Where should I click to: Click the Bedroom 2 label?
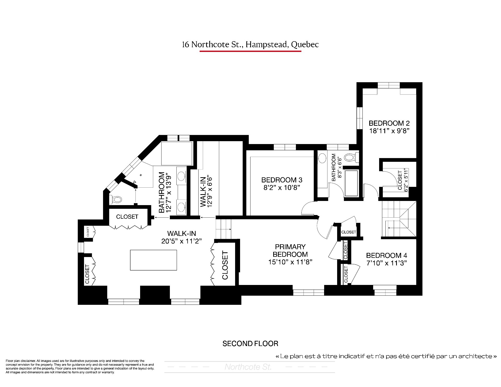tap(389, 123)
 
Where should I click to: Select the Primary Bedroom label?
tap(290, 251)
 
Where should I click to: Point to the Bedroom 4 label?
tap(386, 255)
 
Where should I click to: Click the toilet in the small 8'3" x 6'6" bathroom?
tap(351, 157)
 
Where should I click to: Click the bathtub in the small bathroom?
tap(351, 183)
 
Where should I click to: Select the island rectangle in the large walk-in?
tap(153, 260)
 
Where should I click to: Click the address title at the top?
tap(250, 45)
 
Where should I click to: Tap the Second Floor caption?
tap(250, 344)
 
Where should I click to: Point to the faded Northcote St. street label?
tap(248, 367)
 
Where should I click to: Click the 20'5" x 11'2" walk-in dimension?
tap(182, 241)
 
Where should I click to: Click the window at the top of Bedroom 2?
tap(389, 85)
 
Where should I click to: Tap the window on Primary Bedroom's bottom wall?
tap(308, 292)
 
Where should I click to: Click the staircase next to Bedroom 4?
tap(399, 219)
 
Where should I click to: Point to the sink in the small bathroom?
tap(323, 158)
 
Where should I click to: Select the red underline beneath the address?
tap(250, 51)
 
